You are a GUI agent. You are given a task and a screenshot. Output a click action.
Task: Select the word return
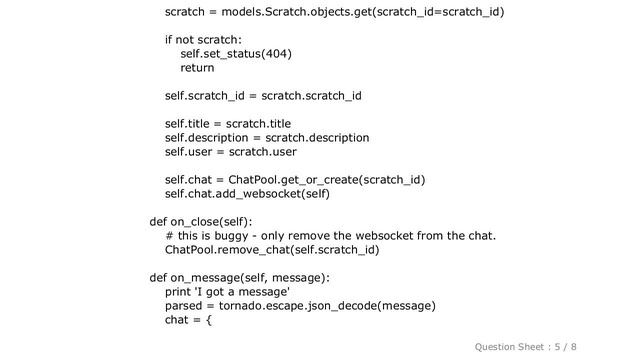point(197,68)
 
